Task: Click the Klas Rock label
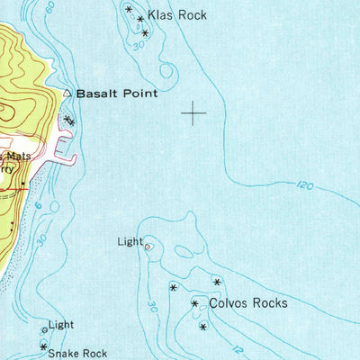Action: tap(178, 15)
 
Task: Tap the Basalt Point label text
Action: tap(116, 93)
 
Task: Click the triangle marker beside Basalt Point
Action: tap(67, 92)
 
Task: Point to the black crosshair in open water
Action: tap(193, 112)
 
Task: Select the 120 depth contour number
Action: tap(304, 186)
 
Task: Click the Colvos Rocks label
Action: tap(247, 303)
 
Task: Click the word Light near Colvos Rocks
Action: tap(130, 241)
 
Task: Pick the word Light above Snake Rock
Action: tap(61, 324)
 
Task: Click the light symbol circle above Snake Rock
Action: tap(44, 331)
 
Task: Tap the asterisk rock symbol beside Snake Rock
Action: tap(43, 346)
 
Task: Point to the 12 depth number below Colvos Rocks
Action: tap(237, 347)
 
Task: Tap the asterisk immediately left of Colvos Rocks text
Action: tap(194, 304)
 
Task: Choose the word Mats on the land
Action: tap(20, 156)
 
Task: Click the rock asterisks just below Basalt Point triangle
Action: tap(69, 120)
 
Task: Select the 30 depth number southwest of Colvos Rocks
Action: tap(152, 307)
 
